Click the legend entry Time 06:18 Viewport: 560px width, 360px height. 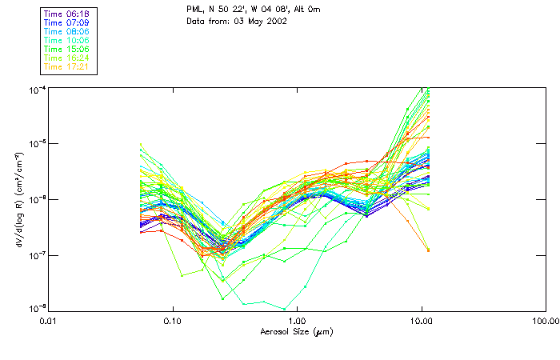[x=66, y=14]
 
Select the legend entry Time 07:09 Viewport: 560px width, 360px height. [x=66, y=22]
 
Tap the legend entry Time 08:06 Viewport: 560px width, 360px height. [x=66, y=31]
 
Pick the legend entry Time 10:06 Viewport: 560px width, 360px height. [x=66, y=40]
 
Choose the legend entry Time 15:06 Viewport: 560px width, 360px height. [x=66, y=49]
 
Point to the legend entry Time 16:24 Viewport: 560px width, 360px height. [x=66, y=58]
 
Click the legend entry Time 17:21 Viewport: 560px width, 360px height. [x=66, y=66]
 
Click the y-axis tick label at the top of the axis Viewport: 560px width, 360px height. [x=37, y=89]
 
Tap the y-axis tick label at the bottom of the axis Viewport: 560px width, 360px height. [x=37, y=308]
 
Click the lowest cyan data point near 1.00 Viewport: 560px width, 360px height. [x=284, y=308]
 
